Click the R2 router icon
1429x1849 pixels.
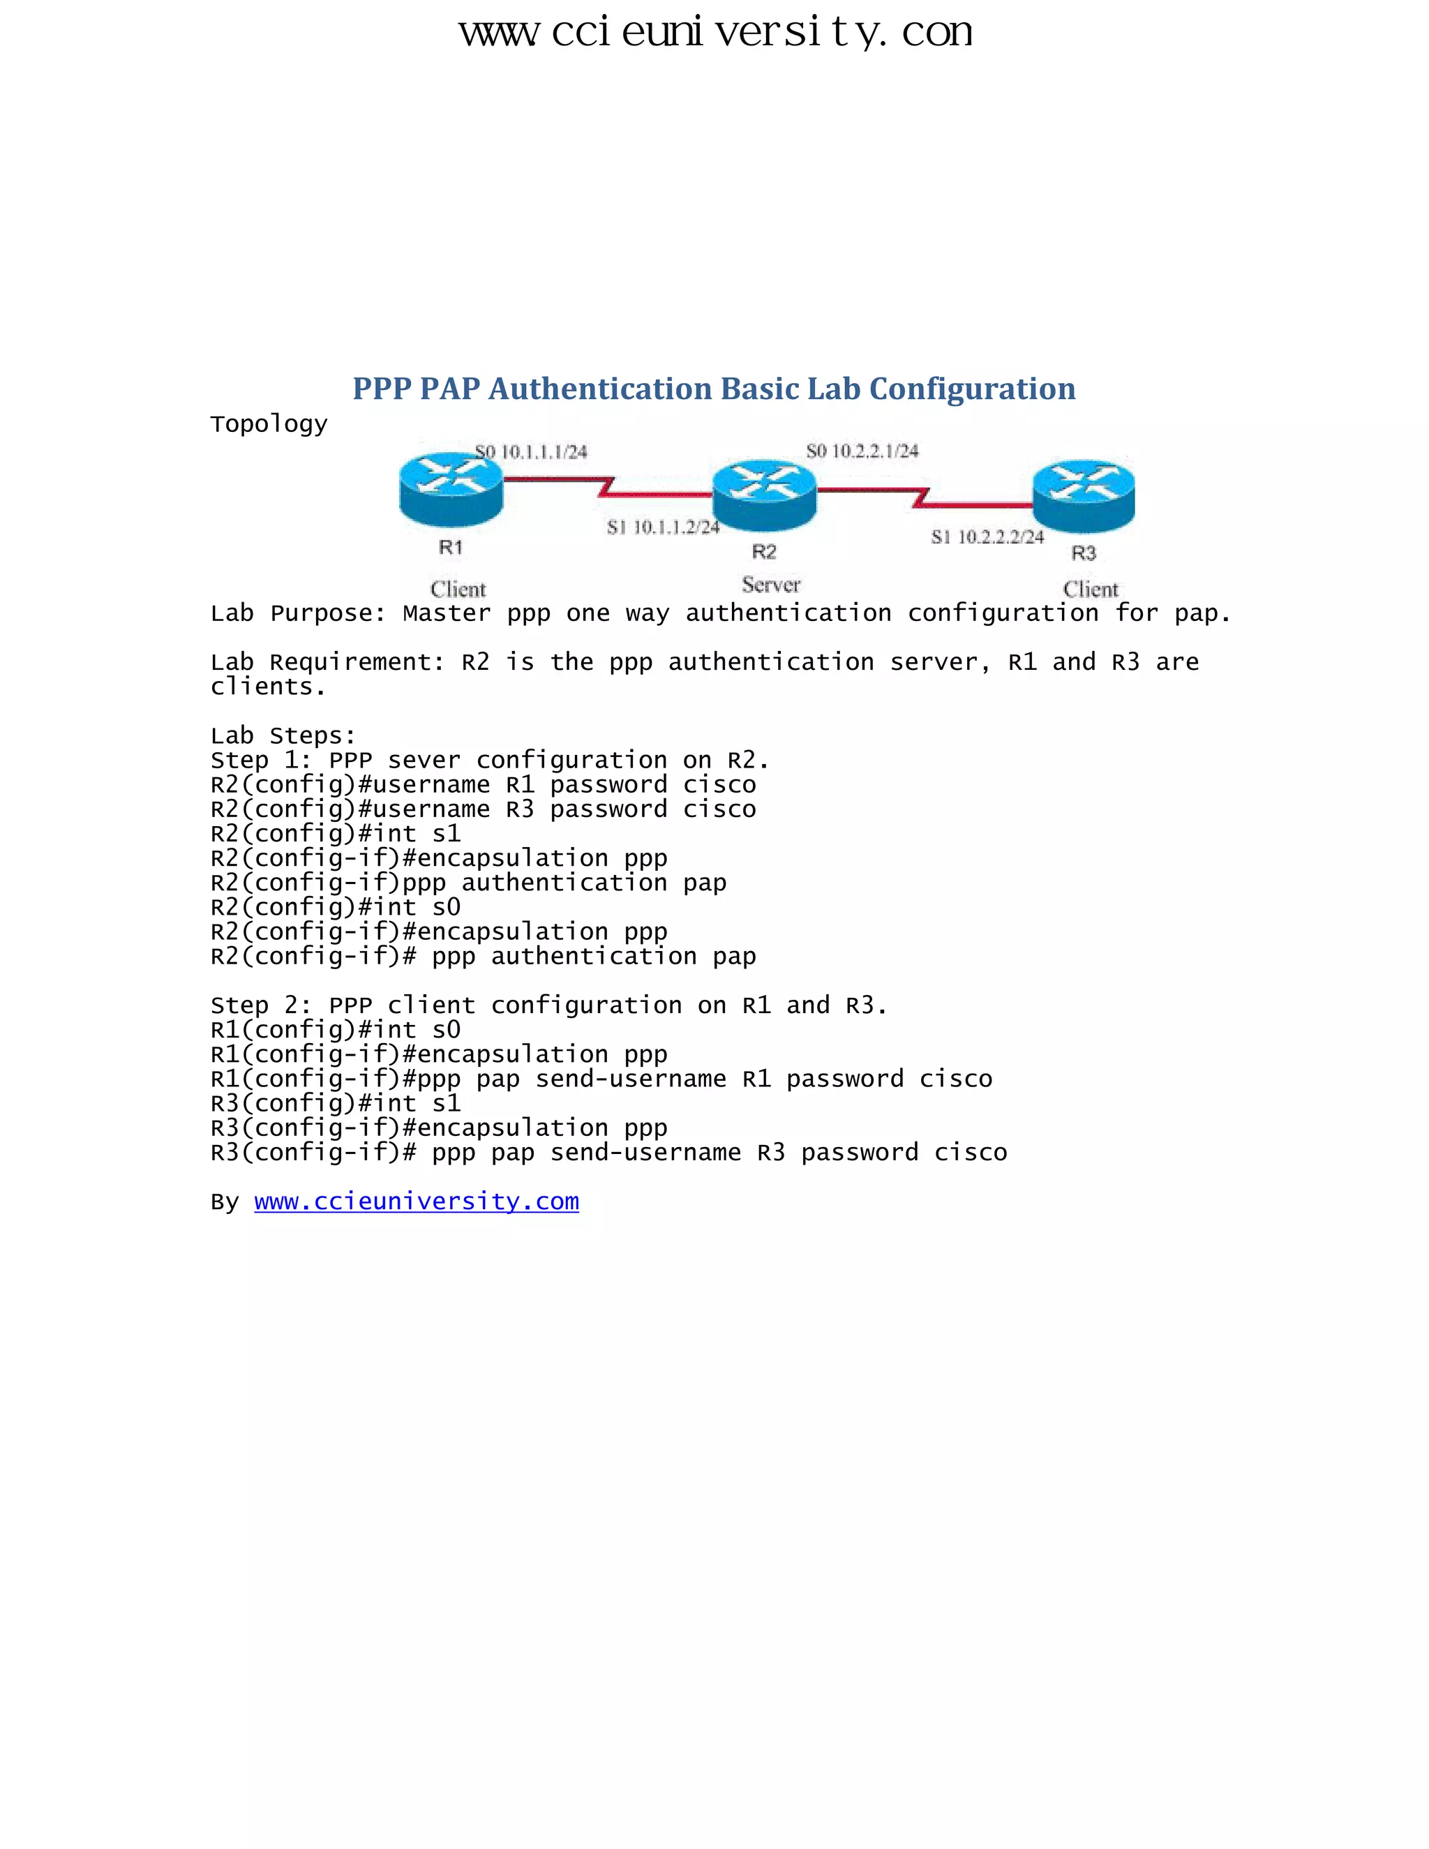click(765, 496)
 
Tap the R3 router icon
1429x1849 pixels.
click(1084, 496)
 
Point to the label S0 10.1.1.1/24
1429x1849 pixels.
click(531, 452)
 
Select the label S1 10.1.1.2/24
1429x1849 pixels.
click(663, 527)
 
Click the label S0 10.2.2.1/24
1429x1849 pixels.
click(862, 451)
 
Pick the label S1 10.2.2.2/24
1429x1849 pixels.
click(987, 537)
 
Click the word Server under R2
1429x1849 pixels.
click(770, 584)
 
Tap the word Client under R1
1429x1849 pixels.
click(458, 590)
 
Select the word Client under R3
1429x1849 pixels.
click(1091, 590)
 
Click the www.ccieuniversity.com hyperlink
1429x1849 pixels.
click(417, 1202)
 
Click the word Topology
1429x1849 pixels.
click(269, 424)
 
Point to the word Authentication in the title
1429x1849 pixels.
click(600, 389)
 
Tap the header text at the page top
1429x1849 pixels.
click(714, 32)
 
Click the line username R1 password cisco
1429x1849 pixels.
click(484, 785)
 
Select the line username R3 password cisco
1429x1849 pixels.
click(484, 809)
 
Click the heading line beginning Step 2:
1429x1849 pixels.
click(548, 1005)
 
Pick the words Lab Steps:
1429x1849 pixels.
click(283, 735)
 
